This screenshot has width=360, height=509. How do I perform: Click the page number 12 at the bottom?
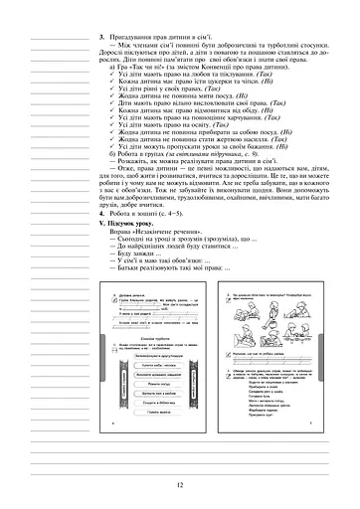point(179,485)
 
